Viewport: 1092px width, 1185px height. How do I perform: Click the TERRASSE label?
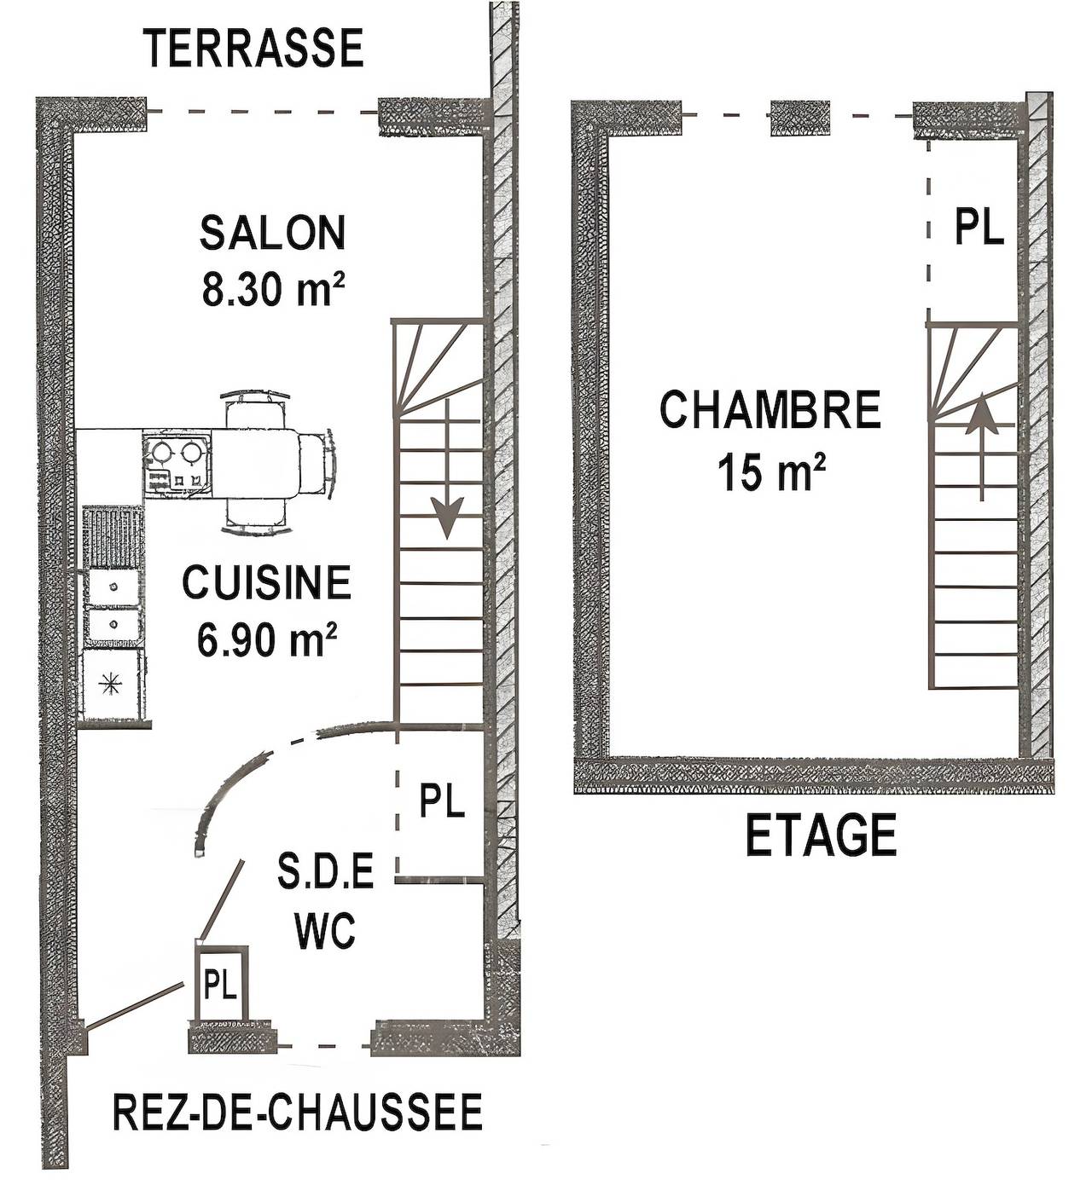[x=254, y=49]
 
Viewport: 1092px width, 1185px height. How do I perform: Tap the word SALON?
[x=273, y=234]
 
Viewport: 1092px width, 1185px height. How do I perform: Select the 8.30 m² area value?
[x=273, y=290]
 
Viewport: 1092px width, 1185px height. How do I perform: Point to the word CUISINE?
[x=267, y=583]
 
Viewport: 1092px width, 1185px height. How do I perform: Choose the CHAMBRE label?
[x=770, y=410]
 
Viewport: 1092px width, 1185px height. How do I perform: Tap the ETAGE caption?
[x=822, y=835]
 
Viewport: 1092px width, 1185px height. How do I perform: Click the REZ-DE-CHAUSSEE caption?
[x=298, y=1112]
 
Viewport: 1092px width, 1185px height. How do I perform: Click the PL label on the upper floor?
[x=979, y=228]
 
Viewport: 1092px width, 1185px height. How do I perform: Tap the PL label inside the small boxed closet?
[x=220, y=986]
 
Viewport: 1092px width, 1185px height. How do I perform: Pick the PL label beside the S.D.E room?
[x=442, y=802]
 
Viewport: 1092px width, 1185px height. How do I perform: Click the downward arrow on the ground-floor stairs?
[x=446, y=515]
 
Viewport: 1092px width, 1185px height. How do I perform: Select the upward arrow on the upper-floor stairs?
[x=982, y=418]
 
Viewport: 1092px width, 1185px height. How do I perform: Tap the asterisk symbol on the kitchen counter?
[x=108, y=682]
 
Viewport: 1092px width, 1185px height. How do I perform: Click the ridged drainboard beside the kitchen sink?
[x=113, y=538]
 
